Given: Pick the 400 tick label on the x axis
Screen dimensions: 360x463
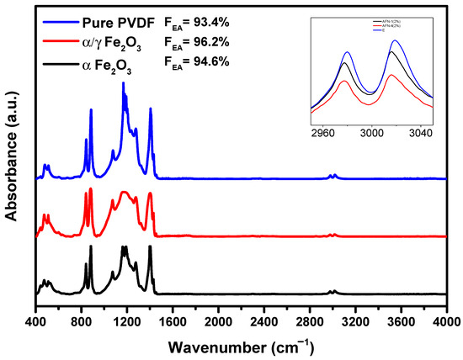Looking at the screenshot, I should click(x=36, y=322).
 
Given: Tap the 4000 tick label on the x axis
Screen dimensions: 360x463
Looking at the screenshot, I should click(x=446, y=322).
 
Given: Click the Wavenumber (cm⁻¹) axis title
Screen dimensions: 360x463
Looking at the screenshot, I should click(x=241, y=345).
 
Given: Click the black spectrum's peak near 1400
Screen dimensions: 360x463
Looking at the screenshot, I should click(x=151, y=246).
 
